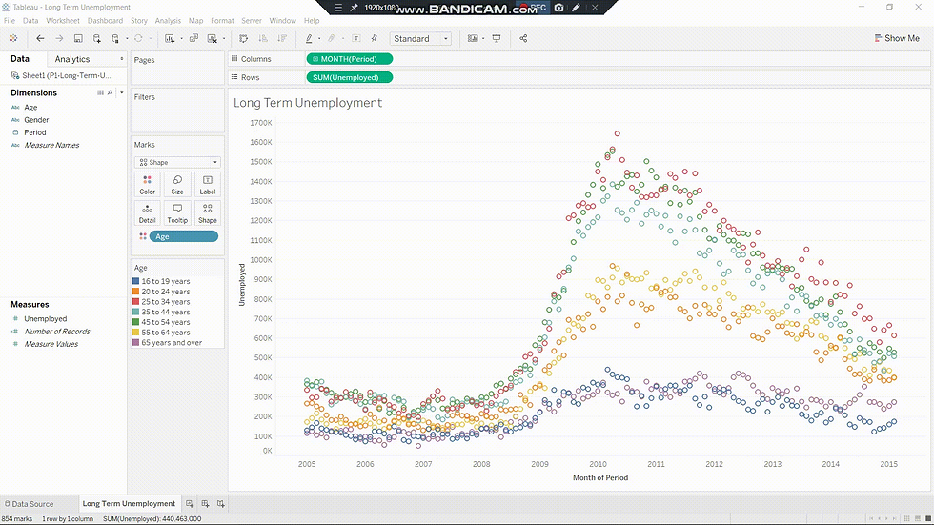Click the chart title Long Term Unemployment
(x=308, y=103)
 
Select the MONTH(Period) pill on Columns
(x=350, y=59)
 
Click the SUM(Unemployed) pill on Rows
(x=350, y=77)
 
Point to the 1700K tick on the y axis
(x=260, y=123)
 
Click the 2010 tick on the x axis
(x=598, y=464)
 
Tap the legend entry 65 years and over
(x=172, y=343)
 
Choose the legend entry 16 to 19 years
(x=166, y=282)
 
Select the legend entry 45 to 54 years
(x=166, y=322)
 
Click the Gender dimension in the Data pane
(x=37, y=120)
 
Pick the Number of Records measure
(x=57, y=332)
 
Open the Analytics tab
(x=72, y=59)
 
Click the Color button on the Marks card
(x=147, y=184)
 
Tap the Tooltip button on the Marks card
(x=177, y=212)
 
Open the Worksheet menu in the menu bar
(x=63, y=20)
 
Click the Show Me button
(x=896, y=38)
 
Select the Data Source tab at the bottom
(x=32, y=504)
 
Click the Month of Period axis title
(x=600, y=478)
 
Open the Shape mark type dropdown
(x=178, y=162)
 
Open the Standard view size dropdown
(x=420, y=39)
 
